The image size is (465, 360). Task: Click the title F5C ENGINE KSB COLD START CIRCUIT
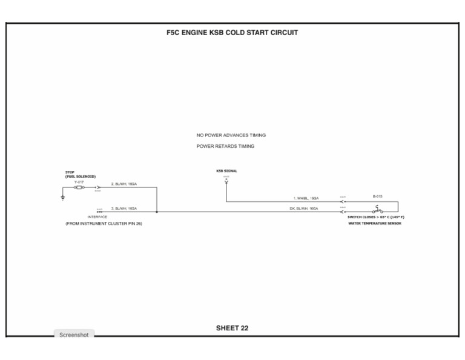[232, 33]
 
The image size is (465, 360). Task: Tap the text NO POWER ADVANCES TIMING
[231, 135]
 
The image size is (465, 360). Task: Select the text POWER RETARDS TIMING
[225, 146]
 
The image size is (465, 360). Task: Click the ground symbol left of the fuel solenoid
[62, 196]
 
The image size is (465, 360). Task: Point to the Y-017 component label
[79, 182]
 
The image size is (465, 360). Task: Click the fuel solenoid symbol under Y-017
[79, 188]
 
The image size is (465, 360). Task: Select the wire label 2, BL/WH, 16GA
[124, 183]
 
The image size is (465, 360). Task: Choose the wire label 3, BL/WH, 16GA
[124, 208]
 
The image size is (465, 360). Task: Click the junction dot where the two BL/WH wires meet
[157, 212]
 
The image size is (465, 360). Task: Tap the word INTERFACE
[97, 216]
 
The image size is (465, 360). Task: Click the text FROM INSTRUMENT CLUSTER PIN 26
[104, 224]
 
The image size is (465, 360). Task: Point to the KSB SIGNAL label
[226, 171]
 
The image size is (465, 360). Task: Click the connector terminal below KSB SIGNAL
[226, 181]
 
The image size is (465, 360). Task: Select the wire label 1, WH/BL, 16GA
[306, 198]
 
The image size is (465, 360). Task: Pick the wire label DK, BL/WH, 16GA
[304, 208]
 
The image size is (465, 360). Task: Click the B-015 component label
[377, 196]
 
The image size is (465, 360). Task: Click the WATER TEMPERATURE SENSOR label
[374, 223]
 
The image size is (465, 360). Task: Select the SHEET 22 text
[232, 328]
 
